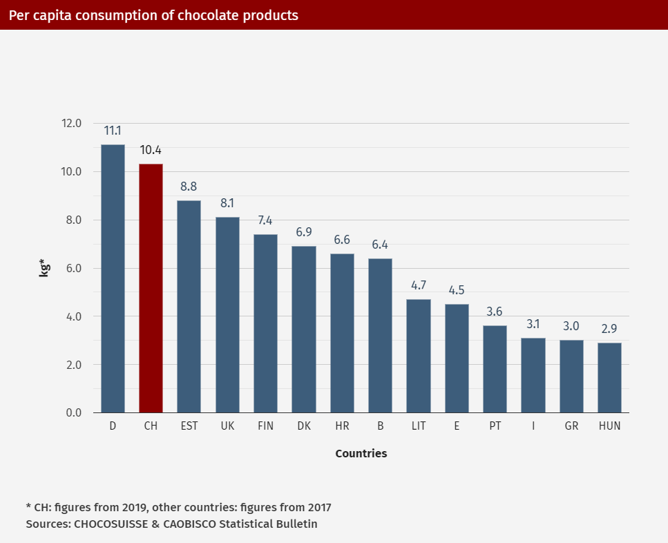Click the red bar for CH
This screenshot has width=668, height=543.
click(x=151, y=288)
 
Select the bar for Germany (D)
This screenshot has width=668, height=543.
click(x=113, y=278)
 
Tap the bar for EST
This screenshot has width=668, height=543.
click(x=189, y=306)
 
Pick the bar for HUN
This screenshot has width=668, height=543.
click(x=609, y=377)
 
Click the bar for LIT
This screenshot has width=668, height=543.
click(x=418, y=356)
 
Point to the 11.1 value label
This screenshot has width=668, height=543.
click(x=113, y=131)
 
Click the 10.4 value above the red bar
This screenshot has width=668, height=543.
click(x=151, y=150)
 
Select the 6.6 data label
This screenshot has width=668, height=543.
click(x=342, y=240)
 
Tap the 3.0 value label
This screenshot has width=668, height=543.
click(x=571, y=326)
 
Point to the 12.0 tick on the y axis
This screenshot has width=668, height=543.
click(x=71, y=124)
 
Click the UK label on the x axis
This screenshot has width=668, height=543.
click(x=227, y=426)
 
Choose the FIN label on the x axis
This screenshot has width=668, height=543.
click(x=265, y=426)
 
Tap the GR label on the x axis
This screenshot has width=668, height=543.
click(x=571, y=426)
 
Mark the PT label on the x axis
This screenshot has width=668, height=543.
click(x=495, y=426)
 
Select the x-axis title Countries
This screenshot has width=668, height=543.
click(x=361, y=454)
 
